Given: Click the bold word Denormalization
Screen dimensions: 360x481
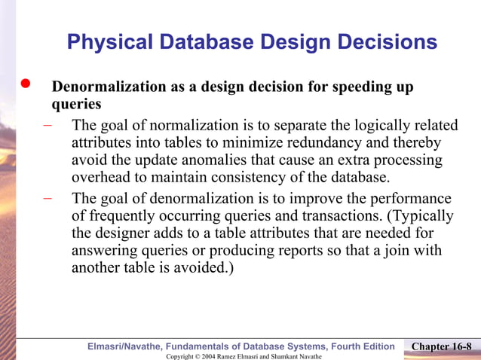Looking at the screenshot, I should tap(110, 87).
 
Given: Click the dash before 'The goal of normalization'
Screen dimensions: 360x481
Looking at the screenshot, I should tap(47, 126).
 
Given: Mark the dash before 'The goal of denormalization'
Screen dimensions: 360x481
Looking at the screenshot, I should tap(47, 199).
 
